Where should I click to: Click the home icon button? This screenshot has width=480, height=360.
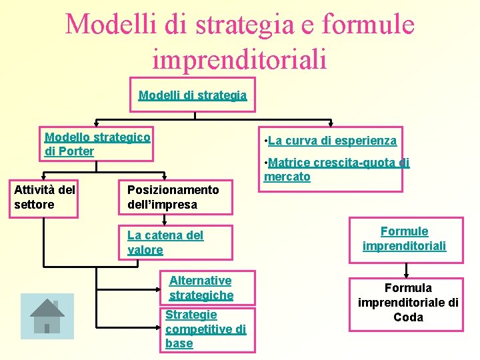[47, 317]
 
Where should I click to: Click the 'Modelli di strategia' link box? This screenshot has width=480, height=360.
[193, 95]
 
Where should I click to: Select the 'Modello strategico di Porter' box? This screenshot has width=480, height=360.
[97, 144]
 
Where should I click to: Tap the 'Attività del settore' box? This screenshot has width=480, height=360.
[45, 197]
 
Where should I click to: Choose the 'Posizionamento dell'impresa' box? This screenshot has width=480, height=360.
[177, 197]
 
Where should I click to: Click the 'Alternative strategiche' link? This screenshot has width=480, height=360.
[201, 288]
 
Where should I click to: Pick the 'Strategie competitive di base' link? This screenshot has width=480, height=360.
[205, 329]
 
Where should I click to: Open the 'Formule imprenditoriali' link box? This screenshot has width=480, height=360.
[404, 239]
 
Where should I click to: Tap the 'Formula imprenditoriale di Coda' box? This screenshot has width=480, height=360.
[407, 303]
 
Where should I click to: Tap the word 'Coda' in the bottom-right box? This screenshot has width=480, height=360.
[408, 317]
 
